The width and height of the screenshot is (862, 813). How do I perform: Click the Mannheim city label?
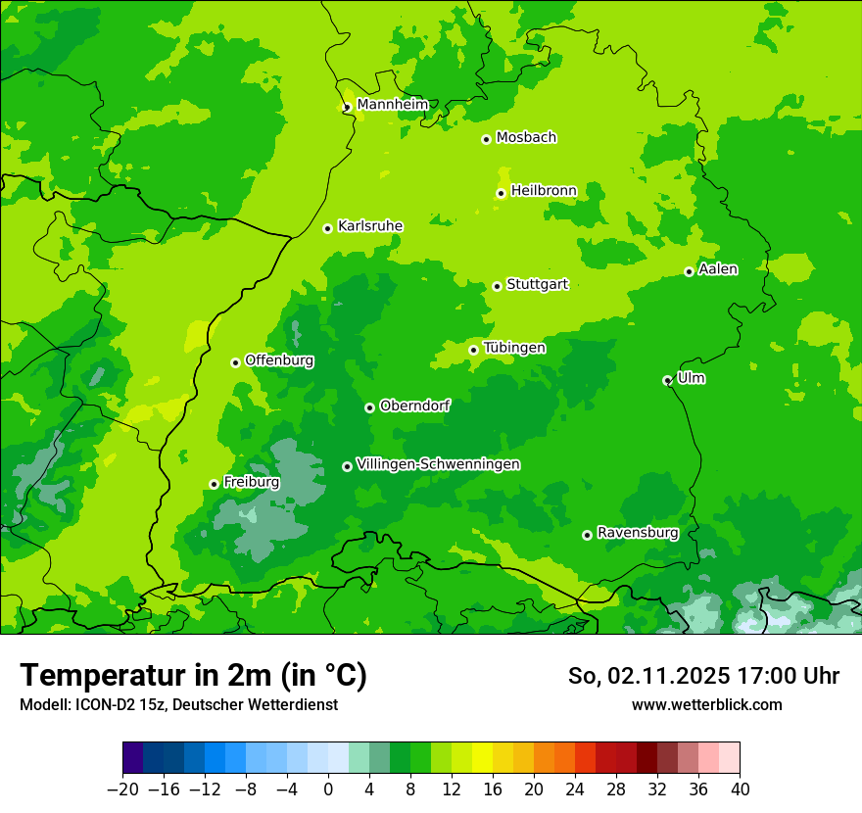[392, 105]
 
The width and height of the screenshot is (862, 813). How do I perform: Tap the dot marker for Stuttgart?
[498, 286]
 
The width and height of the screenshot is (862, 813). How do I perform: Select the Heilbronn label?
[544, 191]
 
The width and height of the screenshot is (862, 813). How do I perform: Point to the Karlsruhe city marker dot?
[328, 228]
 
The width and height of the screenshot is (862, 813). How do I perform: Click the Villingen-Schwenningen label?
[438, 464]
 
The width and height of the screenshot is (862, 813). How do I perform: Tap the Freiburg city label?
[251, 482]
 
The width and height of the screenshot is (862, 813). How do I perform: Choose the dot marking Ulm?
[668, 380]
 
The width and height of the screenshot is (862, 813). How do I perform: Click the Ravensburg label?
[637, 533]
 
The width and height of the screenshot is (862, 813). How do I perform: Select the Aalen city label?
[718, 269]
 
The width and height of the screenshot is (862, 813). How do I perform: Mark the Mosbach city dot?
[487, 139]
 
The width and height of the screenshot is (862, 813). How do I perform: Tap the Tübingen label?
[514, 348]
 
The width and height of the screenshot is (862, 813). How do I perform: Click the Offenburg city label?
[279, 360]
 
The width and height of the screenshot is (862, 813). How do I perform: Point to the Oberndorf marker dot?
[370, 407]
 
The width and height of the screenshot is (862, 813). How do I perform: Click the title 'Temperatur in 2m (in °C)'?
[193, 675]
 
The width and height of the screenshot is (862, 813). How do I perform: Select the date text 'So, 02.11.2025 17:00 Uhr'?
[703, 676]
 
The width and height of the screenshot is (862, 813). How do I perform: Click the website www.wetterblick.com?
[706, 704]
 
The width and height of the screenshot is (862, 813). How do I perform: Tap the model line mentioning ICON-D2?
[178, 704]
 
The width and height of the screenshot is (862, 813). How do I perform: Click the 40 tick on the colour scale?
[740, 789]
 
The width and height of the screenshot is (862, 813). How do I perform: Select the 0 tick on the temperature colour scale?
[328, 789]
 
